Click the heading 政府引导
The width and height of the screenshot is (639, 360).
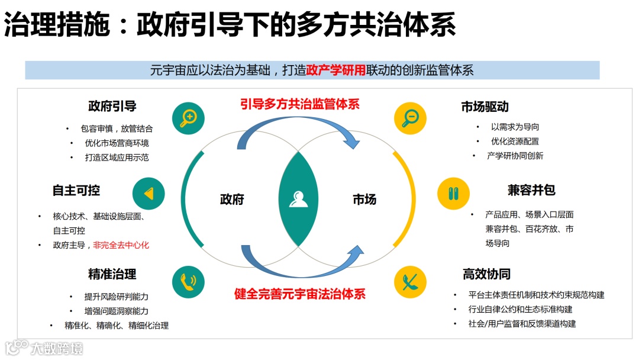point(112,107)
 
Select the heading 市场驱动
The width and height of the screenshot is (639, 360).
point(485,107)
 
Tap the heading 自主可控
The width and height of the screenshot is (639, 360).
point(76,191)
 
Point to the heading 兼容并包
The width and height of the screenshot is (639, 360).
point(531,191)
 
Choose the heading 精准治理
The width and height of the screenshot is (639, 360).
point(112,274)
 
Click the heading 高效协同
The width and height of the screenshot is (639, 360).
point(486,274)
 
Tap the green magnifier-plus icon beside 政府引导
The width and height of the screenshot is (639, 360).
point(188,117)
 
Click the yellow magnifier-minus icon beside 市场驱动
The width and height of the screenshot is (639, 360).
point(410,117)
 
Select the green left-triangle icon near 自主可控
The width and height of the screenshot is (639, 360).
point(149,193)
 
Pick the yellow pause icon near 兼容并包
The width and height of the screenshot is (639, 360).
point(453,193)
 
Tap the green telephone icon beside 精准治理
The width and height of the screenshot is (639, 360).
point(188,282)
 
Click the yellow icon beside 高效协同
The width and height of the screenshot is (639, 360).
point(410,282)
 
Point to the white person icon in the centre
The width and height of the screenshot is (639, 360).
point(299,199)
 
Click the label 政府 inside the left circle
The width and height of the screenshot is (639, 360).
point(232,200)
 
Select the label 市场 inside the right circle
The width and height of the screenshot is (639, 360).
point(364,200)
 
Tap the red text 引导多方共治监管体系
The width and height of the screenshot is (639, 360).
point(300,105)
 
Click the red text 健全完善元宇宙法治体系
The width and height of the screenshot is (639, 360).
point(300,294)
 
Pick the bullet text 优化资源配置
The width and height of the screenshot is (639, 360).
point(515,142)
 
